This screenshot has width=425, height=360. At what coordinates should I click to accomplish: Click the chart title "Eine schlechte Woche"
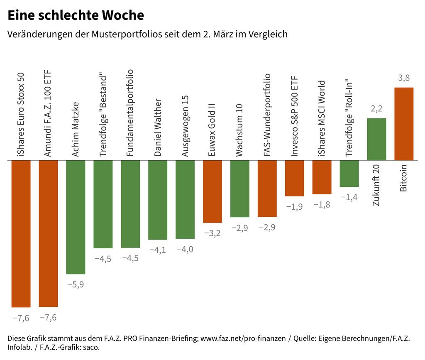pyautogui.click(x=76, y=16)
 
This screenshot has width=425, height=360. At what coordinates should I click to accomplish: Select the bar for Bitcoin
pyautogui.click(x=404, y=124)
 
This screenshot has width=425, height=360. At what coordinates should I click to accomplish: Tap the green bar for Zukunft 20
pyautogui.click(x=376, y=139)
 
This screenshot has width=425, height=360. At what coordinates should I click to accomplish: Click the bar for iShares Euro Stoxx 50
pyautogui.click(x=21, y=233)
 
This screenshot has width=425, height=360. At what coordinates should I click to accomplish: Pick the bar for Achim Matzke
pyautogui.click(x=76, y=217)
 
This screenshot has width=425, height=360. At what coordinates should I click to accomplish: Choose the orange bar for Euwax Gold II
pyautogui.click(x=212, y=191)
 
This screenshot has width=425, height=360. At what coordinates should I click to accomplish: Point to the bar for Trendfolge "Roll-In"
pyautogui.click(x=349, y=174)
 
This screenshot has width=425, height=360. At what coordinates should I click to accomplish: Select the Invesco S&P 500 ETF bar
pyautogui.click(x=294, y=178)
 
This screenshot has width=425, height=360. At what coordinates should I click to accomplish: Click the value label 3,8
pyautogui.click(x=404, y=78)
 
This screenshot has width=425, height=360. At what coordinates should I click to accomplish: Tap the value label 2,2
pyautogui.click(x=376, y=109)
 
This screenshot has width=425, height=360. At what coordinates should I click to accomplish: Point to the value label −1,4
pyautogui.click(x=349, y=197)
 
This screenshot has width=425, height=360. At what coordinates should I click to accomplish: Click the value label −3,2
pyautogui.click(x=212, y=233)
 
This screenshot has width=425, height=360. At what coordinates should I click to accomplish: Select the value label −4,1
pyautogui.click(x=158, y=250)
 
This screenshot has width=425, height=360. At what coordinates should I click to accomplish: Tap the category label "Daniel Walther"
pyautogui.click(x=158, y=127)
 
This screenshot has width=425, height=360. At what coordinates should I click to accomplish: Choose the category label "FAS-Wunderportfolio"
pyautogui.click(x=267, y=115)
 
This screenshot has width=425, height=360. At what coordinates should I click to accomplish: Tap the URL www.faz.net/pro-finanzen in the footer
pyautogui.click(x=243, y=338)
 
